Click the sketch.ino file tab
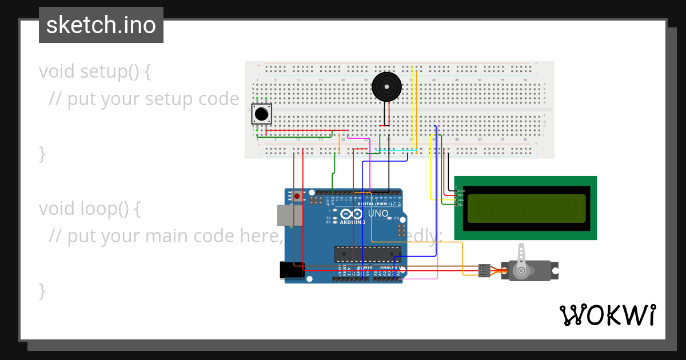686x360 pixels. tap(101, 25)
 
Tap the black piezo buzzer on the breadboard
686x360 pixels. tap(386, 87)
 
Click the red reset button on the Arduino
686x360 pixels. tap(297, 196)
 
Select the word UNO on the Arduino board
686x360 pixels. tap(378, 214)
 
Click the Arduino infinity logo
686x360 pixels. tap(352, 214)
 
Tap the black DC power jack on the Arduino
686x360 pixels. tap(292, 270)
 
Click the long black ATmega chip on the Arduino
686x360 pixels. tap(368, 252)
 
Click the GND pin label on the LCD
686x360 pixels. tap(461, 191)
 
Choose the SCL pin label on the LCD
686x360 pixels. tap(461, 205)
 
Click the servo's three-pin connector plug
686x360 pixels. tap(484, 270)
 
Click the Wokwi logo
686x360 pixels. tap(607, 315)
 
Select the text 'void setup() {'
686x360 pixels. tap(94, 71)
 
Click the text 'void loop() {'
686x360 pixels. tap(89, 209)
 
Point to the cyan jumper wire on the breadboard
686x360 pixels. tap(394, 150)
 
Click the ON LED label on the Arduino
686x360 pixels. tap(396, 218)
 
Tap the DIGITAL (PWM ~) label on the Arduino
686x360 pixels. tap(374, 203)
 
